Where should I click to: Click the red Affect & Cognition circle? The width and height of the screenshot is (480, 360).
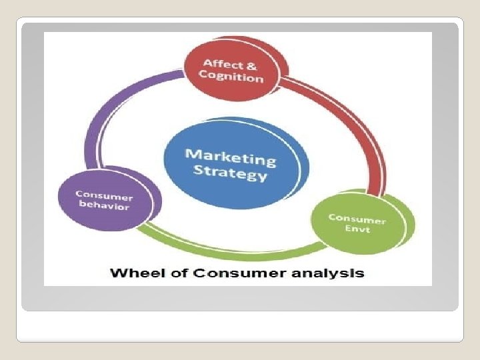[x=233, y=71]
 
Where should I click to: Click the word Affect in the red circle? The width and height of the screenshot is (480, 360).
[x=221, y=64]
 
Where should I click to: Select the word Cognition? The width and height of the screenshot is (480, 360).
[x=231, y=77]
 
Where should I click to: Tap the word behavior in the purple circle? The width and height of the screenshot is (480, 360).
[x=105, y=206]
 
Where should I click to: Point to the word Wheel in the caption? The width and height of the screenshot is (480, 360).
[x=131, y=273]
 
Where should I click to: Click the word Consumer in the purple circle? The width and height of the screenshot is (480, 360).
[x=104, y=195]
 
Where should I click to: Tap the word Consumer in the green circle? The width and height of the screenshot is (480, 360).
[x=357, y=219]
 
